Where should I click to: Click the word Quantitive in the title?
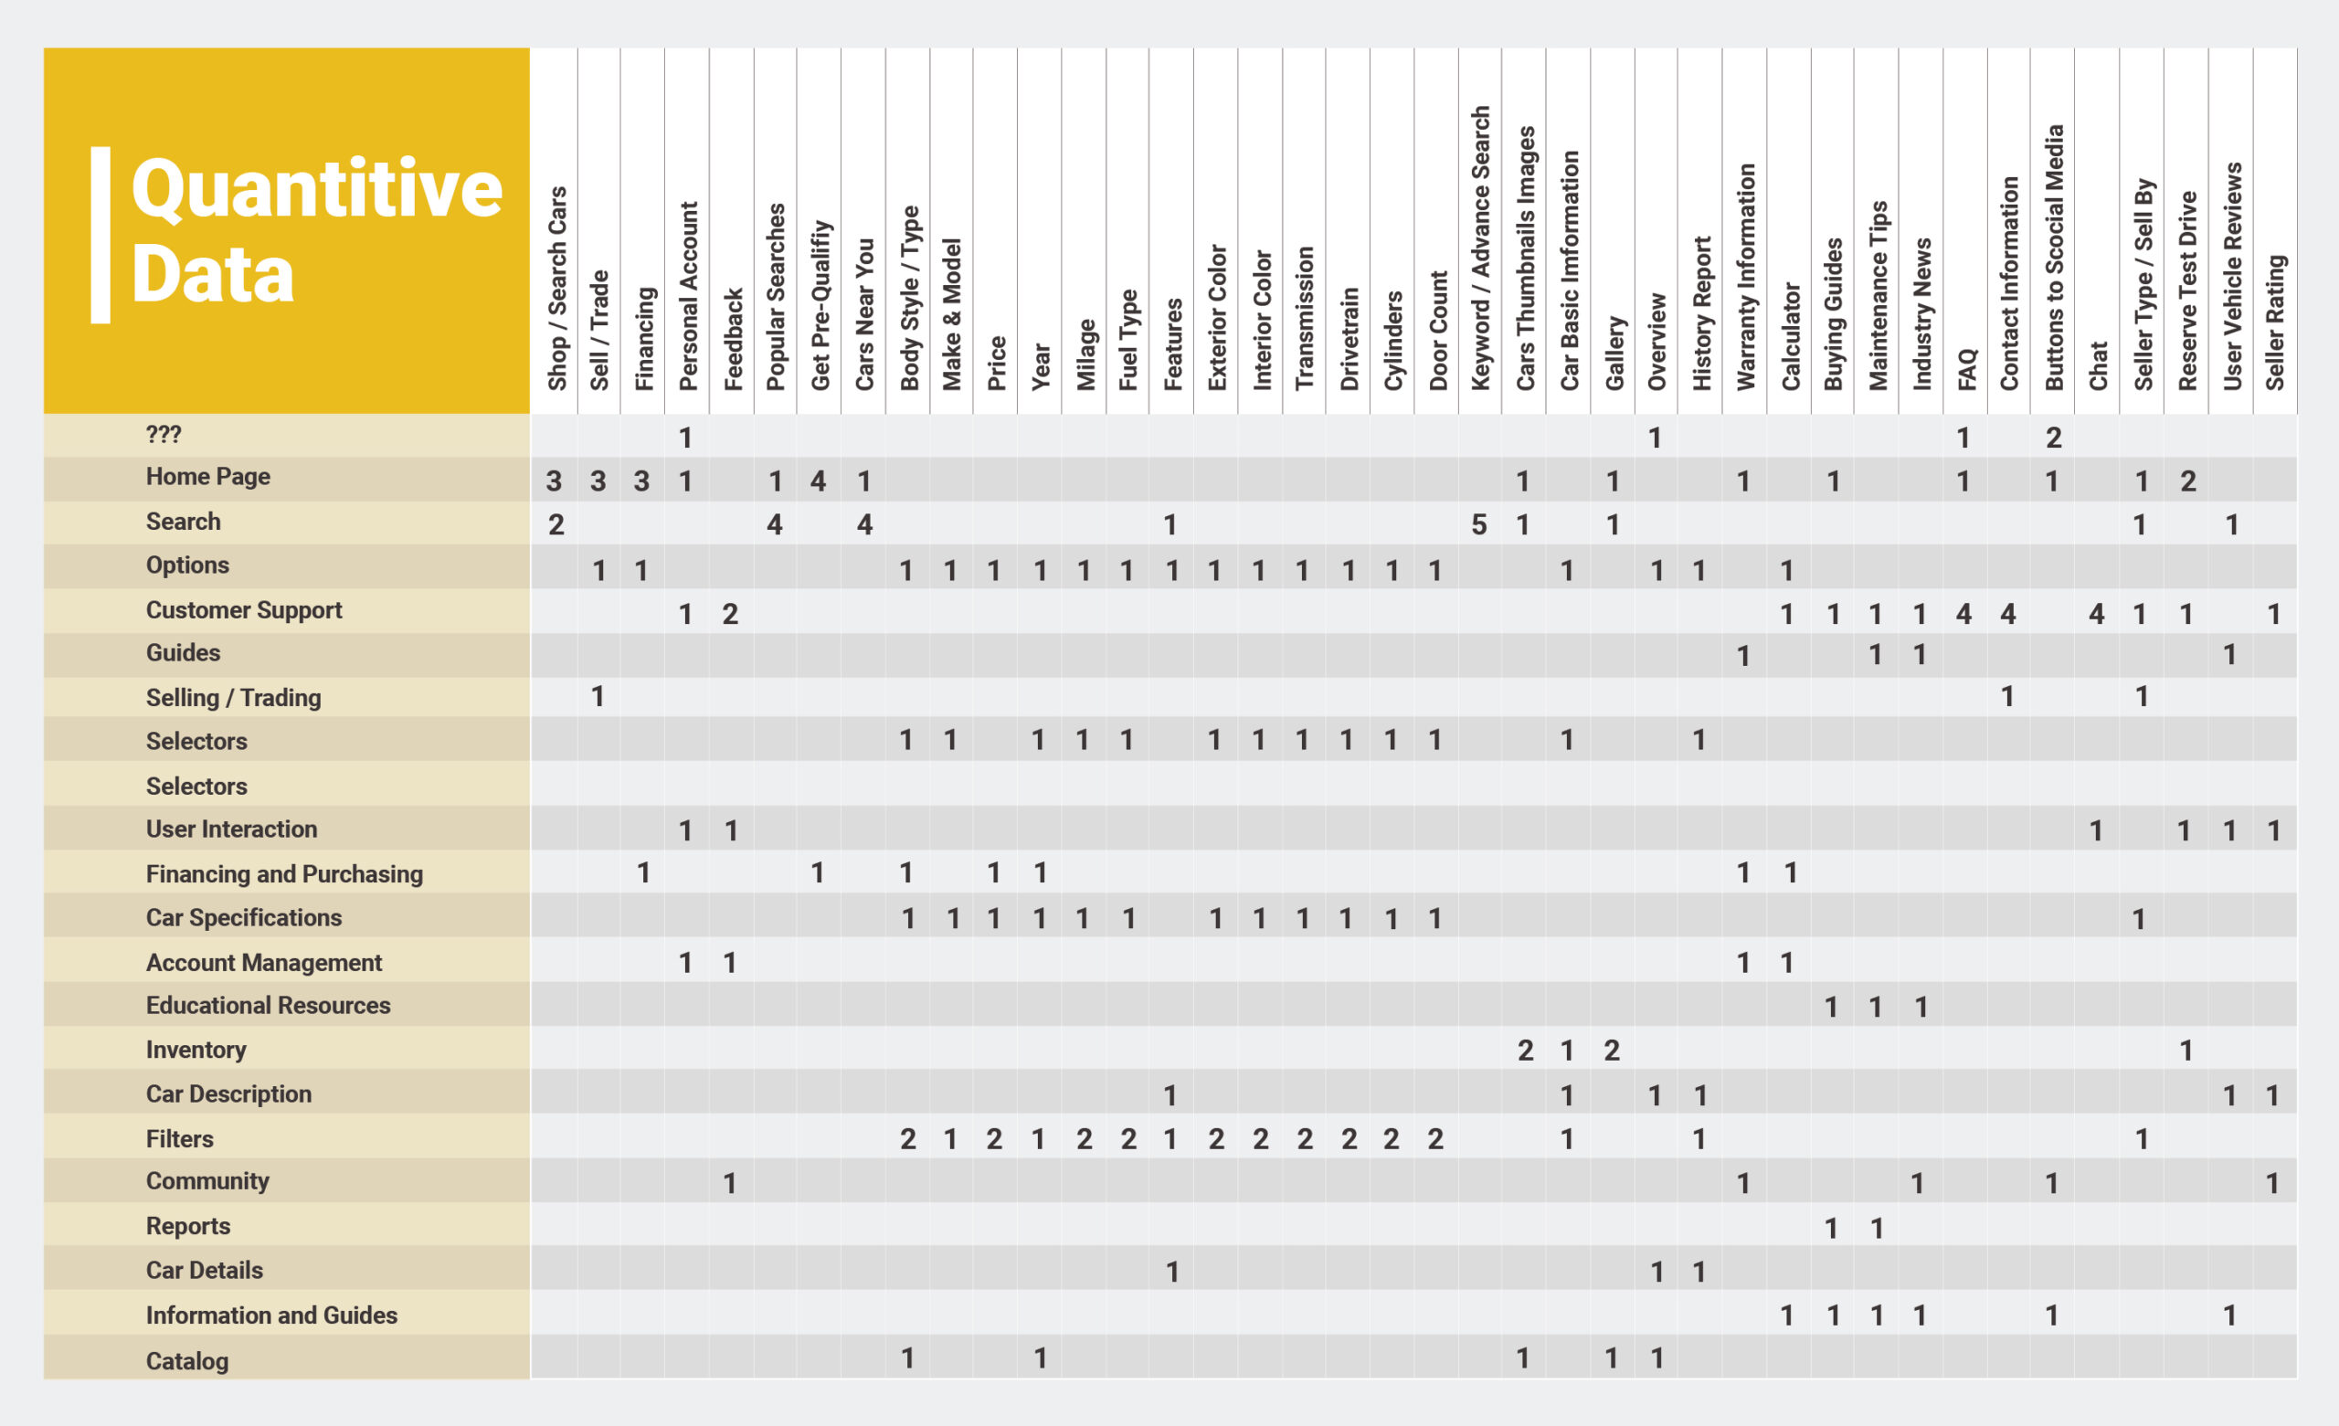tap(316, 189)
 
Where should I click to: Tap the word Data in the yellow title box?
tap(213, 274)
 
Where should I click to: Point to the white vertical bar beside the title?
tap(100, 235)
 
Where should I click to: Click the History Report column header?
tap(1701, 313)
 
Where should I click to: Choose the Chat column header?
tap(2098, 365)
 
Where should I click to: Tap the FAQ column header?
tap(1966, 369)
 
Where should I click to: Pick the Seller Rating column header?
tap(2275, 322)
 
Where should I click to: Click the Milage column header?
tap(1085, 354)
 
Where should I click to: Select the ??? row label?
tap(164, 435)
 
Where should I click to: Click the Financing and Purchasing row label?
tap(284, 873)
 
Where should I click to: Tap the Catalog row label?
tap(187, 1360)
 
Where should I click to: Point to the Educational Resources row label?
tap(268, 1006)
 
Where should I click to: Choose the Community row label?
tap(206, 1181)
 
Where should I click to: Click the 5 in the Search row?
tap(1479, 524)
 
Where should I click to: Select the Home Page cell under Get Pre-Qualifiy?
tap(819, 481)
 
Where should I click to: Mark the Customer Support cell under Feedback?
tap(730, 614)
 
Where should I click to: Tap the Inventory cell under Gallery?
tap(1612, 1050)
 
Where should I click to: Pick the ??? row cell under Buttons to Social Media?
tap(2053, 438)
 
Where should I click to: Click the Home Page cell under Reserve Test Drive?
tap(2188, 481)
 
